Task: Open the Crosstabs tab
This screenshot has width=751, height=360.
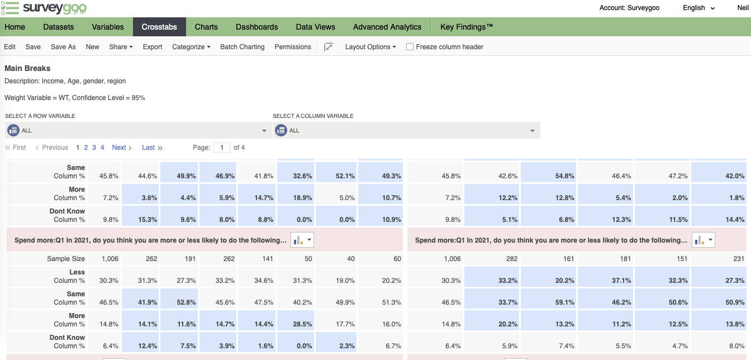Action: [159, 27]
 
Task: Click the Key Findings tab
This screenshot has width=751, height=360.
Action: [467, 27]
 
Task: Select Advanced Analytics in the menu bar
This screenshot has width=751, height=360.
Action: [387, 27]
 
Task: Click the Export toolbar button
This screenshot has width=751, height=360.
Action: [152, 46]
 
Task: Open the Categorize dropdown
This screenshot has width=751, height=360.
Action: [191, 46]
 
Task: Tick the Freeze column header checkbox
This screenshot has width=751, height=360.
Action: [410, 46]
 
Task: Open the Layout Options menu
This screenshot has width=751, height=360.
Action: [370, 46]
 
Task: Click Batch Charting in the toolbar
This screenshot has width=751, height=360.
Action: [243, 46]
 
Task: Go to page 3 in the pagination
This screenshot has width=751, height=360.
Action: [94, 147]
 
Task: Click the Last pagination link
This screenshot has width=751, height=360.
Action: [152, 147]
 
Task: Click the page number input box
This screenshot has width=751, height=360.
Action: [222, 147]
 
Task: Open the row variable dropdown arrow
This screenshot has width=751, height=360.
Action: [264, 130]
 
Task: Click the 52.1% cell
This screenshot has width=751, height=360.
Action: [336, 172]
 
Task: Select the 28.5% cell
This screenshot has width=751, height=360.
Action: [296, 320]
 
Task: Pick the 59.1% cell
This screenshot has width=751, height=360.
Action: [549, 299]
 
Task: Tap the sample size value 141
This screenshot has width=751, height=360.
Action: [267, 259]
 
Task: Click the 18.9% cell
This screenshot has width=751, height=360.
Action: [296, 194]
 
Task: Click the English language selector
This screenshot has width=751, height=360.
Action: [698, 8]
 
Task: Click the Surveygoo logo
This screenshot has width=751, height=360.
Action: [44, 8]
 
